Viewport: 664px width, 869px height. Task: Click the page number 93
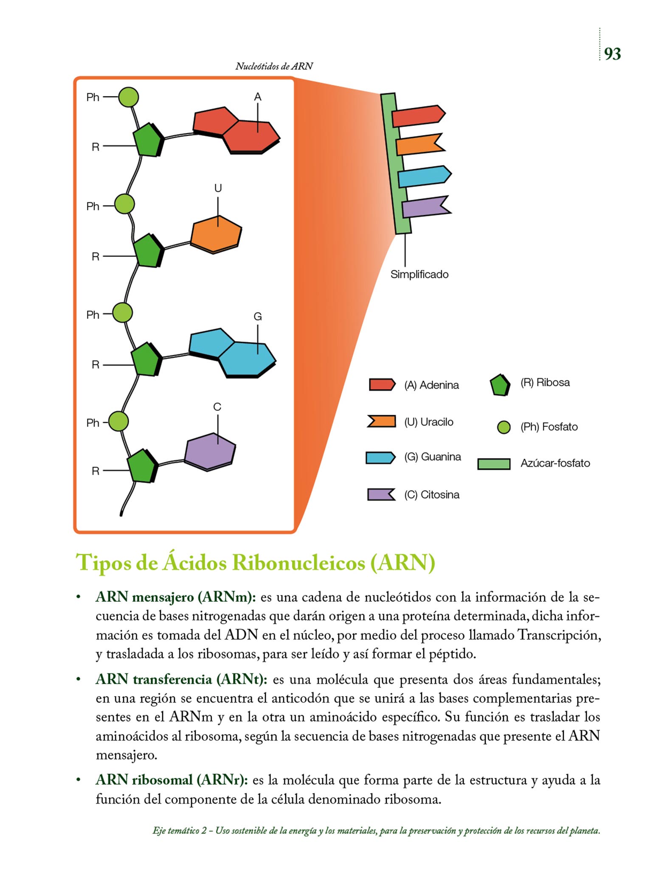tap(612, 54)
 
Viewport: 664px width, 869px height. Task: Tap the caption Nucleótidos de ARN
tap(274, 66)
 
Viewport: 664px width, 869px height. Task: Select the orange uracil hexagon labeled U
tap(216, 234)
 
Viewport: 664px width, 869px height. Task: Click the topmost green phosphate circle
tap(128, 97)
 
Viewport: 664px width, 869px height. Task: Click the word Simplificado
tap(419, 275)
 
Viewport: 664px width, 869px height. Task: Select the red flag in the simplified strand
tap(418, 116)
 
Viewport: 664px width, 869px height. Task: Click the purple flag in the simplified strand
tap(425, 207)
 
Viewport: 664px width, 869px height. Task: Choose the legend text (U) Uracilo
tap(428, 422)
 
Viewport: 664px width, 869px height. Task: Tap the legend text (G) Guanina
tap(432, 457)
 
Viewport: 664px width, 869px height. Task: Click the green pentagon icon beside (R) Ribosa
tap(500, 385)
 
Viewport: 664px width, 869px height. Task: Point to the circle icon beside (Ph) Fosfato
tap(504, 427)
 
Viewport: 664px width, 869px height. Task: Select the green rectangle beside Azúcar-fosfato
tap(493, 464)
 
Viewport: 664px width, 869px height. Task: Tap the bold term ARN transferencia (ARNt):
tap(181, 679)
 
